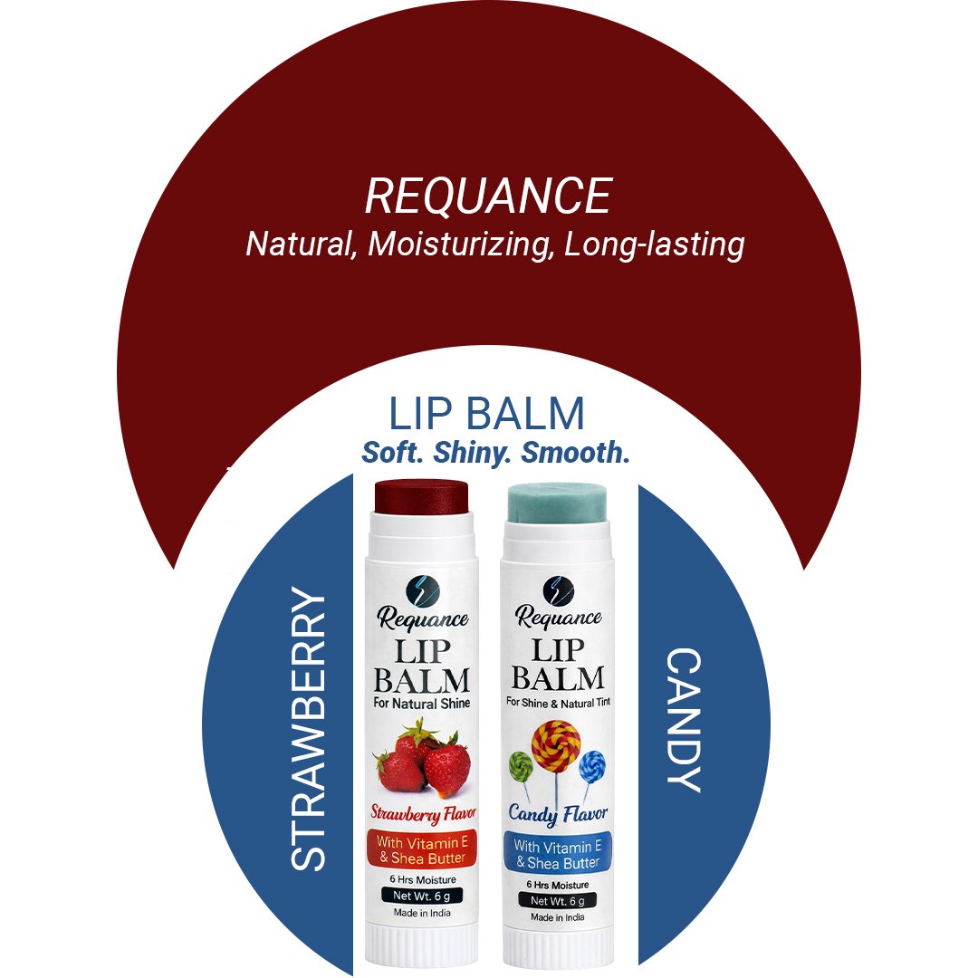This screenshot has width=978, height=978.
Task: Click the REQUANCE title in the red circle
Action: [x=488, y=196]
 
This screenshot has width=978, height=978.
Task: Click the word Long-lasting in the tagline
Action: [x=654, y=244]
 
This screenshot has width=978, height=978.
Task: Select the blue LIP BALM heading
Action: [x=486, y=415]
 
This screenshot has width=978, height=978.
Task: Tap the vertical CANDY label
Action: [x=684, y=720]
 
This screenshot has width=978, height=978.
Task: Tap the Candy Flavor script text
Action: [x=558, y=812]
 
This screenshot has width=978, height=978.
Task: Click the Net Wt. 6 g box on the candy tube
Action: [x=558, y=900]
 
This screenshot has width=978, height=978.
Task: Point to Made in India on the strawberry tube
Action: [x=422, y=913]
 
